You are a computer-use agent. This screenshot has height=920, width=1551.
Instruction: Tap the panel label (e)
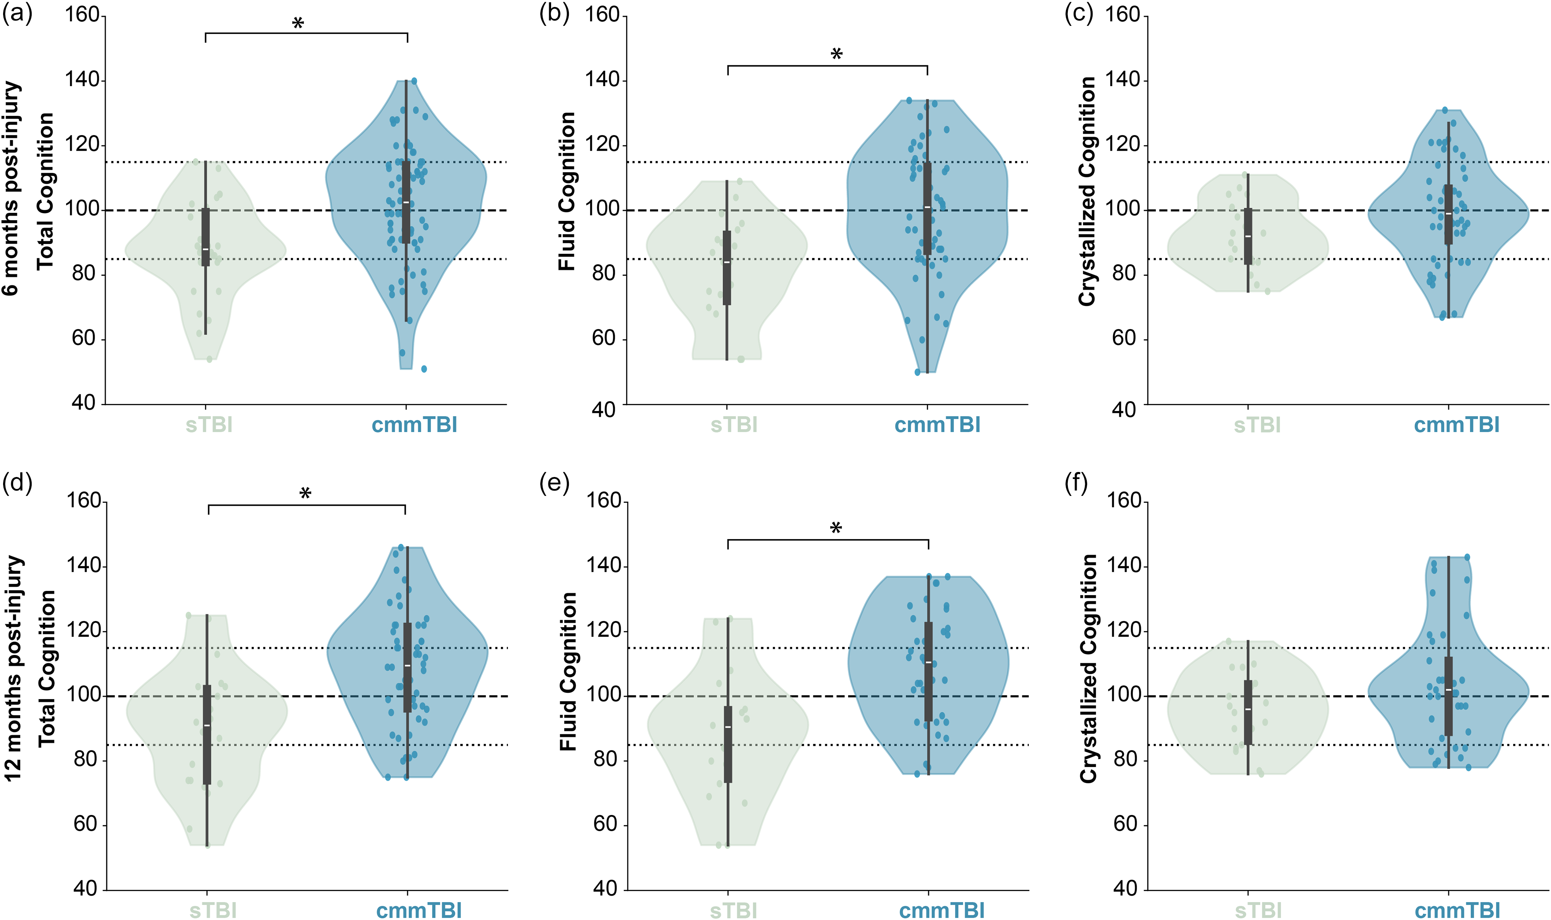[x=554, y=483]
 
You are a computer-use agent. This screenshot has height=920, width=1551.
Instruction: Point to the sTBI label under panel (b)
[x=734, y=425]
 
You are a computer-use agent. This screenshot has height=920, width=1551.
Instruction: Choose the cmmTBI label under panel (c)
[x=1457, y=425]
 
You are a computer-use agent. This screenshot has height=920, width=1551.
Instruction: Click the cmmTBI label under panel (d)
[x=419, y=910]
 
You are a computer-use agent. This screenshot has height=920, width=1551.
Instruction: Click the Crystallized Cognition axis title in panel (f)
[x=1089, y=668]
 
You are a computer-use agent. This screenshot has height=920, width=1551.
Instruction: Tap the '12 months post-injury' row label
[x=13, y=668]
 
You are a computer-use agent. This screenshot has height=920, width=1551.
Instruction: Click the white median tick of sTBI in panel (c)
[x=1248, y=236]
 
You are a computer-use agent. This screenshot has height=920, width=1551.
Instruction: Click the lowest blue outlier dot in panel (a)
[x=424, y=369]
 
